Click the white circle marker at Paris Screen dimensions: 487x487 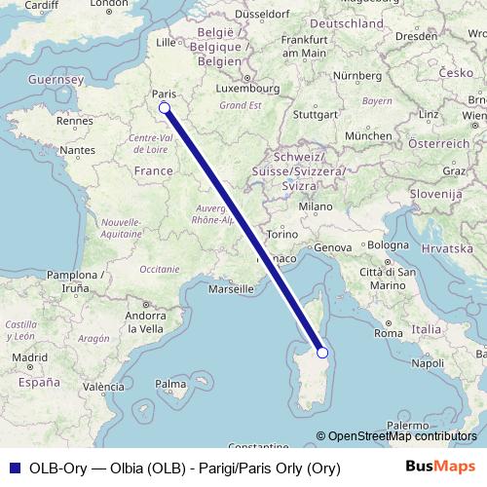[164, 107]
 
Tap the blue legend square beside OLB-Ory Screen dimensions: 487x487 [12, 468]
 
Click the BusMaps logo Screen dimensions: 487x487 [439, 468]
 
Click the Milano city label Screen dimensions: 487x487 [316, 206]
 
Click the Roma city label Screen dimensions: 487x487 [389, 333]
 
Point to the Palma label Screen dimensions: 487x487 [171, 385]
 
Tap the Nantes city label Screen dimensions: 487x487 [77, 151]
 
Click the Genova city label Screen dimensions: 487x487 [330, 247]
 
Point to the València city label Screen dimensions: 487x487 [102, 387]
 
